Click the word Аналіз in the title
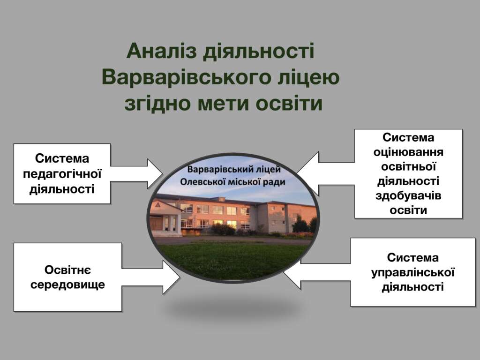[x=161, y=51]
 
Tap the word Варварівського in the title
[x=187, y=77]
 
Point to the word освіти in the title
[x=289, y=104]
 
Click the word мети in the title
[x=224, y=104]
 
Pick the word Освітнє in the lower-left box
[x=67, y=270]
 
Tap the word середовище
[x=67, y=285]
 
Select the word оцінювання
[x=408, y=152]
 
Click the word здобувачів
[x=408, y=196]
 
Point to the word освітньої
[x=408, y=167]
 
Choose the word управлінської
[x=413, y=272]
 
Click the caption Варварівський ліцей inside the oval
[x=234, y=169]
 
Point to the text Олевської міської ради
[x=232, y=182]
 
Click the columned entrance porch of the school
[x=165, y=218]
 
